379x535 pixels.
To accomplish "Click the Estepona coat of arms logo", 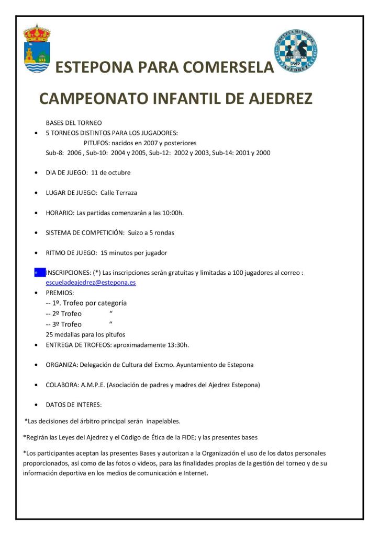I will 37,48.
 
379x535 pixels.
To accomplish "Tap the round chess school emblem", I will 296,51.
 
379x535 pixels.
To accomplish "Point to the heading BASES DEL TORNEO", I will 74,122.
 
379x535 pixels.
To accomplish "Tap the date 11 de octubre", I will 111,172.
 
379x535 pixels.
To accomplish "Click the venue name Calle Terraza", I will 119,193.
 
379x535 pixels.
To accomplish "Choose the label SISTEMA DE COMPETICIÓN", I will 85,232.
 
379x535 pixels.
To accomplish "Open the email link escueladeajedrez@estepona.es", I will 91,282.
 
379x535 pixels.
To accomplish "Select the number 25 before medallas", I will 50,334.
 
